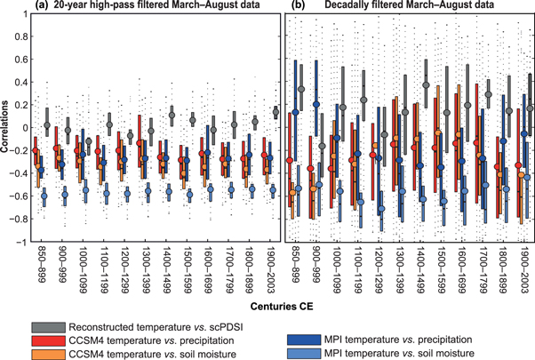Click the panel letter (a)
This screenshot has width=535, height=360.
click(x=39, y=6)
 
